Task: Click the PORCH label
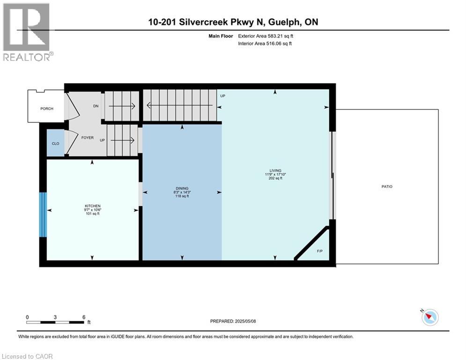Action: pos(47,109)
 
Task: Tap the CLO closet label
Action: pos(55,143)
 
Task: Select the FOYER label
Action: pos(87,138)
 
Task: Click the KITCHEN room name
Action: pos(93,206)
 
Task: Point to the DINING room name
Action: pos(182,188)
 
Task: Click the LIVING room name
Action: pos(275,170)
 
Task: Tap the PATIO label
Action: pos(387,187)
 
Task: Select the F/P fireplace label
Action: pos(320,251)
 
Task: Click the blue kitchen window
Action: pos(43,215)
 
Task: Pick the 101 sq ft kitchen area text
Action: pos(93,214)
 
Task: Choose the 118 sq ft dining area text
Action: pos(182,196)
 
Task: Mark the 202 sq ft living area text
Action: pos(275,178)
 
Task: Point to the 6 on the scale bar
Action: pos(83,317)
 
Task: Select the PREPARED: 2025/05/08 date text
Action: pos(233,321)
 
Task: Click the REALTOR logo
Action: pos(27,32)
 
